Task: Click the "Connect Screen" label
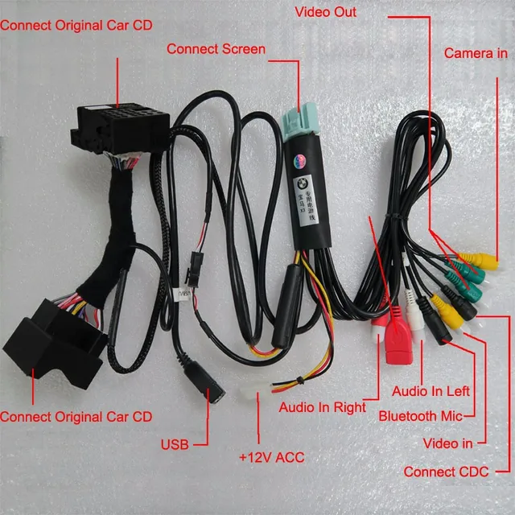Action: coord(216,49)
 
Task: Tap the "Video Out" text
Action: coord(325,12)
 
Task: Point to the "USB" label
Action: coord(175,443)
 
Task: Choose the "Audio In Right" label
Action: coord(322,407)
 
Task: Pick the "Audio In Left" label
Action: coord(430,391)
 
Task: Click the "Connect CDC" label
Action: coord(446,472)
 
